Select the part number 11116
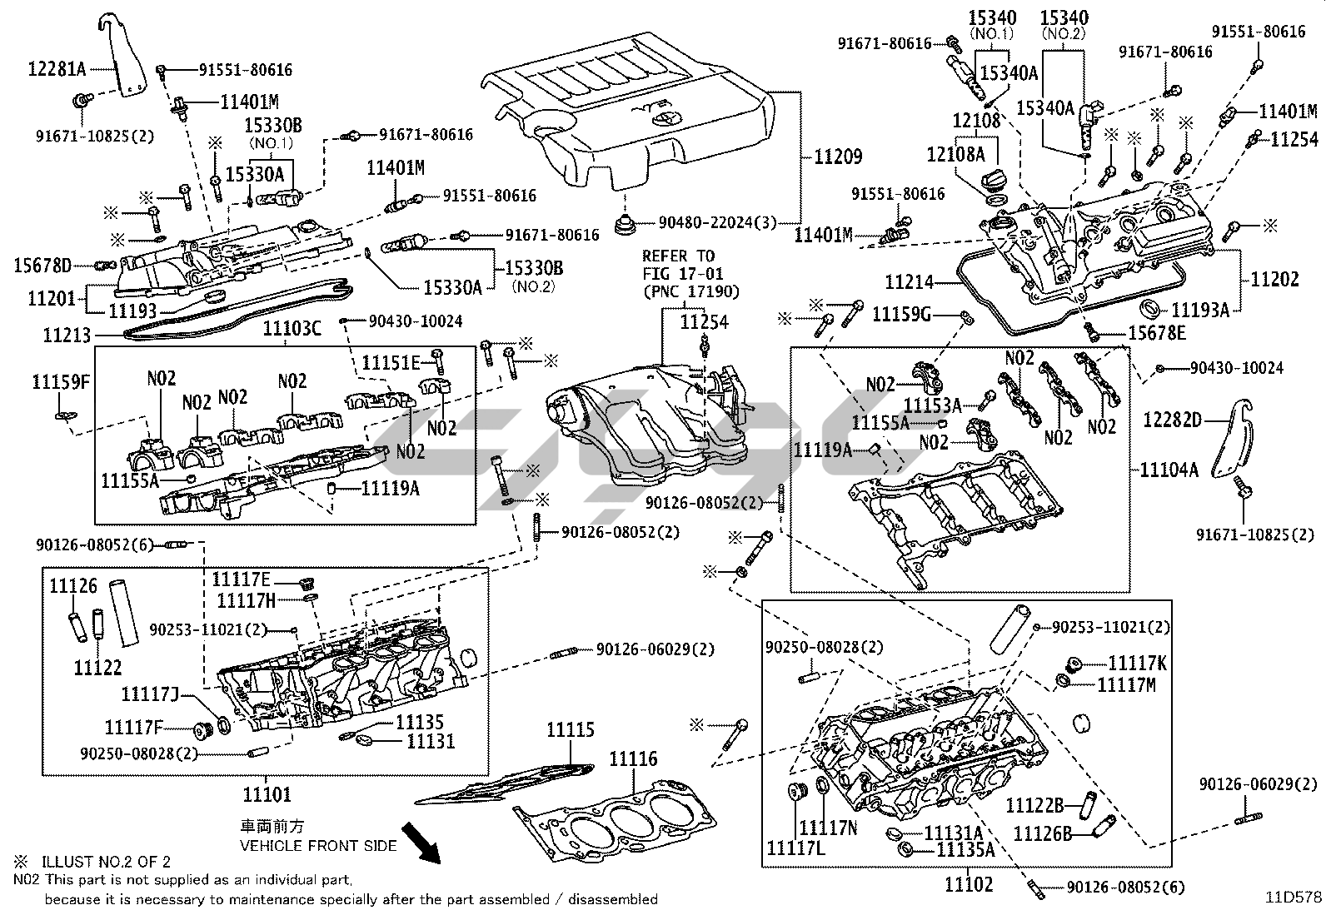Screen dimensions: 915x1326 pos(633,758)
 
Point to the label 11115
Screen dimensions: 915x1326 pos(571,730)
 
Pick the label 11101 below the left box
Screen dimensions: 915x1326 pos(267,794)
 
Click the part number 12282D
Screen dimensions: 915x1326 pos(1172,420)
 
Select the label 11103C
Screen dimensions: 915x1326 pos(292,328)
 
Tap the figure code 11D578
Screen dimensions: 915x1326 pos(1294,898)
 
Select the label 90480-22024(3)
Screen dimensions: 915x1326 pos(717,222)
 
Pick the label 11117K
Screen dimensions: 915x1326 pos(1137,663)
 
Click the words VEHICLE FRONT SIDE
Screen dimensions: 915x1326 pos(318,845)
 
